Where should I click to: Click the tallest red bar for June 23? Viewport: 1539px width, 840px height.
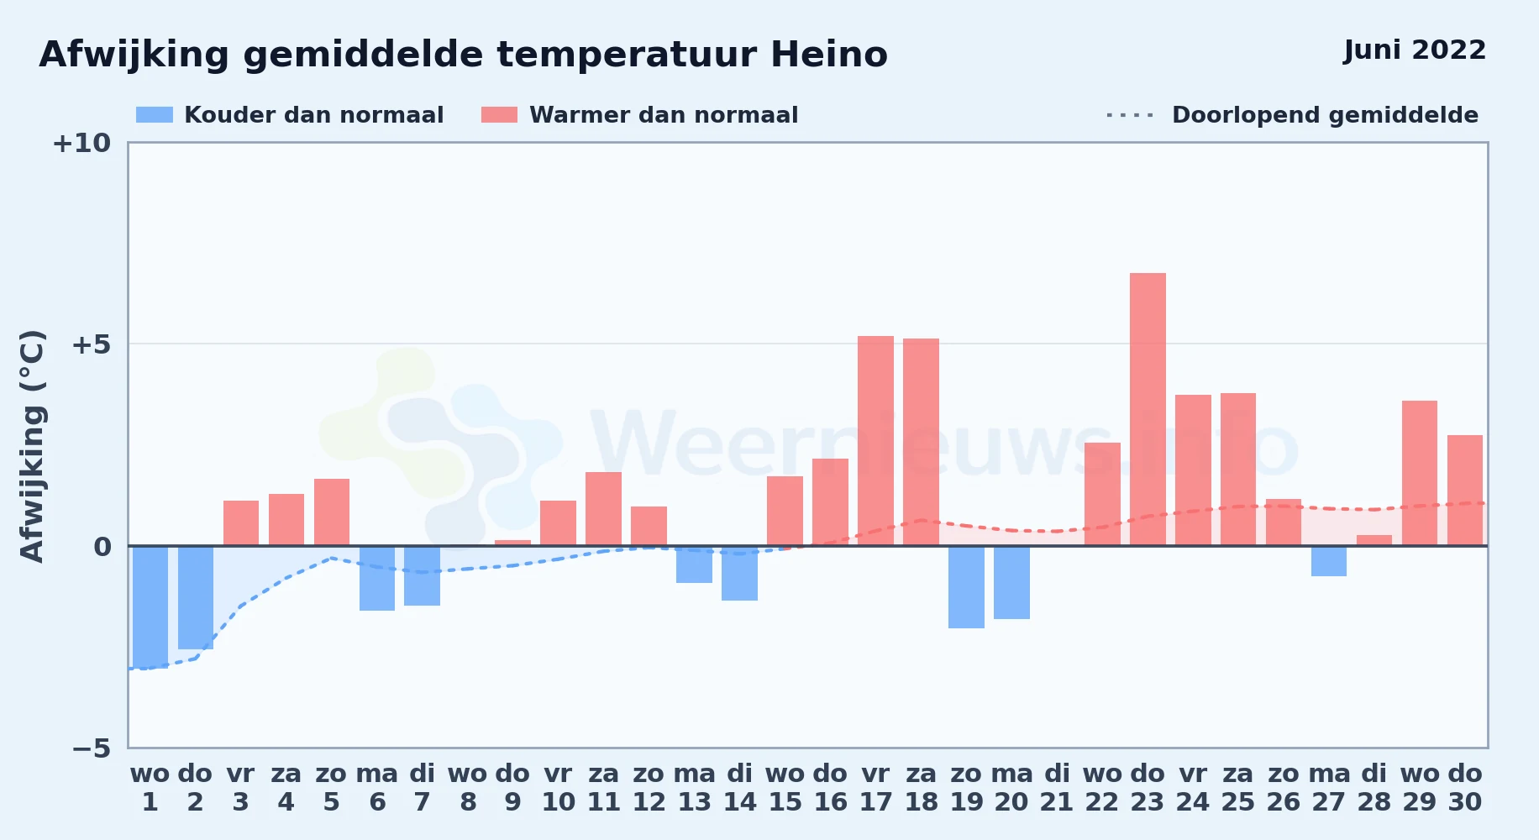(1148, 409)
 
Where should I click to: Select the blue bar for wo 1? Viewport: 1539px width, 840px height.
(150, 606)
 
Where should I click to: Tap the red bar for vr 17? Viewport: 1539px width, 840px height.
(875, 441)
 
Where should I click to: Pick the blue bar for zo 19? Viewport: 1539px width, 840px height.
(966, 587)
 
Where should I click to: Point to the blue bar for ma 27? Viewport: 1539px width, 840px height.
(1329, 561)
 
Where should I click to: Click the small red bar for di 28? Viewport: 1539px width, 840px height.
(1374, 540)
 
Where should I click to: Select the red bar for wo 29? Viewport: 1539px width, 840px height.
(1420, 473)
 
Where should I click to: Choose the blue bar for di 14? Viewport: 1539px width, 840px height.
(739, 573)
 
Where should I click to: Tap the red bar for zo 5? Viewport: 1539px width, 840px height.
(332, 512)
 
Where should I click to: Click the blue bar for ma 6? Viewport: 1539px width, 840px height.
(377, 578)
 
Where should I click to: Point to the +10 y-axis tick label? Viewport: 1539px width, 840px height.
(81, 143)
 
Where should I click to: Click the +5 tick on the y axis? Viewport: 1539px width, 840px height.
(91, 344)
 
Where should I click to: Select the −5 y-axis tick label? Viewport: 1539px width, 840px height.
(91, 748)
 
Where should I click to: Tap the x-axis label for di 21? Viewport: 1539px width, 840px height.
(1057, 787)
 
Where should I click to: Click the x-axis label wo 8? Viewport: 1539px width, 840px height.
(468, 787)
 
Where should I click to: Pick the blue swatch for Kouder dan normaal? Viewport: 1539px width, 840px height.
(155, 115)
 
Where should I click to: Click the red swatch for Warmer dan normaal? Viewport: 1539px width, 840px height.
(500, 115)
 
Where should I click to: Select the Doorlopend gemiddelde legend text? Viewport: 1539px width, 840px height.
(1326, 115)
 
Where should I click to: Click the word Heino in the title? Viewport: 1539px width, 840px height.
(829, 55)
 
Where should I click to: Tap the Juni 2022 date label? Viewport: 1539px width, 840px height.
(1415, 50)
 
